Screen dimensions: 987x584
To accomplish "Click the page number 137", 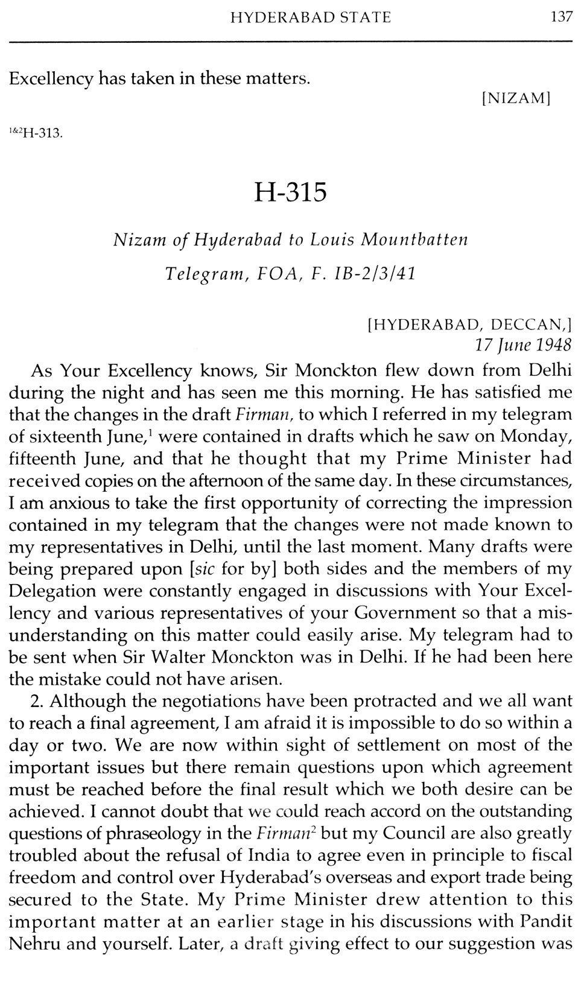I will coord(561,17).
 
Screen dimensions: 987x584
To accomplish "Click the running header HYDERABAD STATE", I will coord(311,18).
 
